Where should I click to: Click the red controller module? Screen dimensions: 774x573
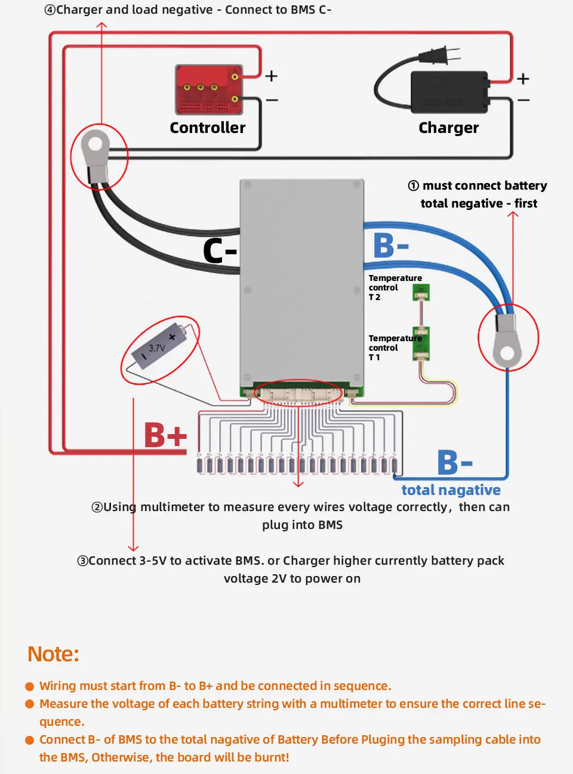point(209,90)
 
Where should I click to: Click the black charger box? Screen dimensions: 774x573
point(449,92)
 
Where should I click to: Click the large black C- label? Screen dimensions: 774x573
point(220,251)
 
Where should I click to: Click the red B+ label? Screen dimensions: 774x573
point(165,435)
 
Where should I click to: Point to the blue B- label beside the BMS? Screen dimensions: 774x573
point(391,246)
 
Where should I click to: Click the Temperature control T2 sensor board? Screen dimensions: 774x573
point(421,292)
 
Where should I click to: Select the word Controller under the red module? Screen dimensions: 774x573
point(207,128)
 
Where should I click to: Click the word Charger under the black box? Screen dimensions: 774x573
point(448,128)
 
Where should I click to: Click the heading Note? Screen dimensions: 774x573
point(53,654)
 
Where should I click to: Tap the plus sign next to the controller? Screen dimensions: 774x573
point(271,76)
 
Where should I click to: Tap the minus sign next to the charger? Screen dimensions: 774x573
point(523,100)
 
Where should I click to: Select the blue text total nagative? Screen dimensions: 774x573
point(451,490)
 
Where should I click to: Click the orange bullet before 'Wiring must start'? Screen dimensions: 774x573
point(30,686)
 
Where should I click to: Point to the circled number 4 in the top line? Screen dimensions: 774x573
point(50,10)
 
